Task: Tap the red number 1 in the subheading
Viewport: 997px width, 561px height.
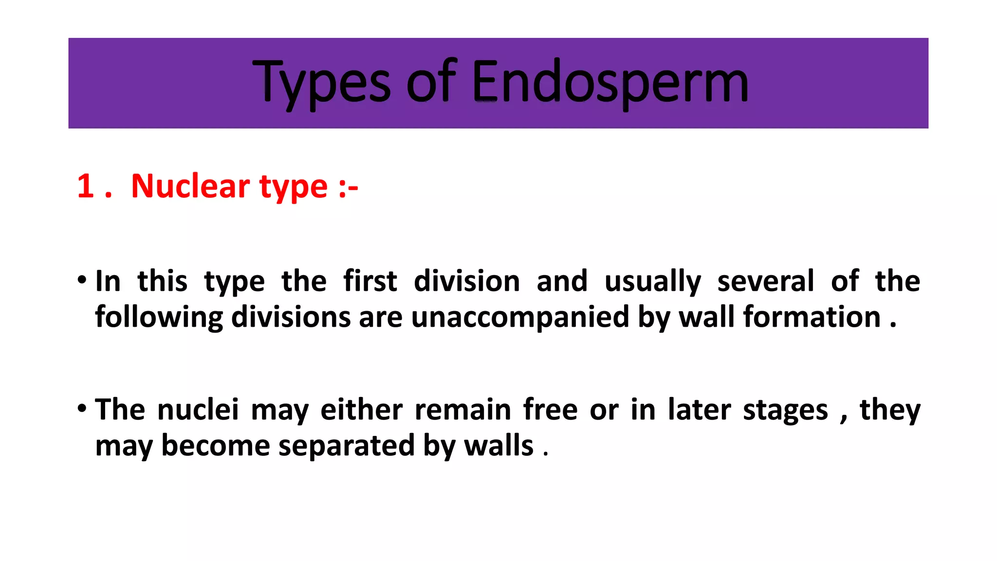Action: click(x=86, y=186)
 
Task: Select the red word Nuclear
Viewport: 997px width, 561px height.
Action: click(x=189, y=186)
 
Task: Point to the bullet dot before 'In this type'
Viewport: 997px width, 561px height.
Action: click(x=82, y=280)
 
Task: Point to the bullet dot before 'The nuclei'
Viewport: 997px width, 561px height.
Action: click(x=82, y=408)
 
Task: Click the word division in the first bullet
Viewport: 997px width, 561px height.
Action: click(x=466, y=281)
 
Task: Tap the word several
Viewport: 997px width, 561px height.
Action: click(x=765, y=281)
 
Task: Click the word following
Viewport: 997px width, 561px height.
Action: click(x=159, y=318)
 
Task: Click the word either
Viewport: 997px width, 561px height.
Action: click(x=361, y=409)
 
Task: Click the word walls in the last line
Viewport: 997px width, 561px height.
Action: click(x=498, y=446)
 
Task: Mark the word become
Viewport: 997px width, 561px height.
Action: click(x=215, y=446)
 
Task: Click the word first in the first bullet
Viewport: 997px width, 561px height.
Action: click(x=370, y=281)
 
